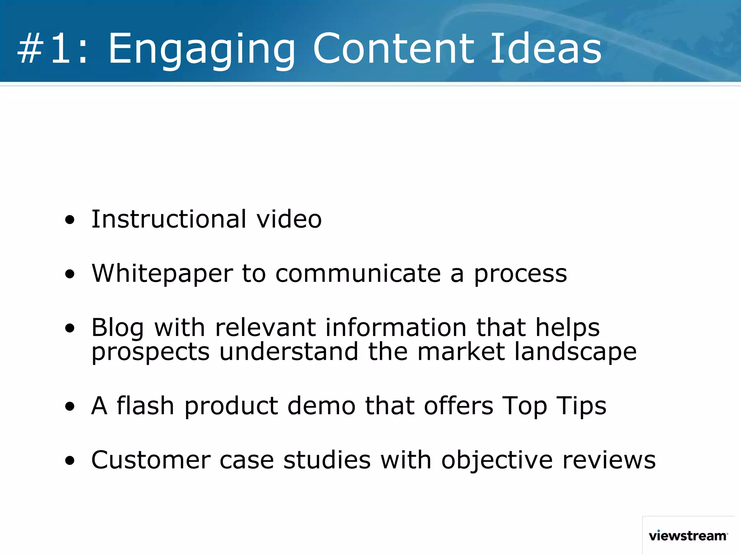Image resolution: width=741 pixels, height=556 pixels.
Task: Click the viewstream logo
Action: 688,536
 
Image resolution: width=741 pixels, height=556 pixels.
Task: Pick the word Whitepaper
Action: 162,274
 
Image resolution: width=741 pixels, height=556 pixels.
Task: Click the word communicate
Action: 358,273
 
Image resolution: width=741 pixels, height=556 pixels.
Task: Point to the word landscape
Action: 575,352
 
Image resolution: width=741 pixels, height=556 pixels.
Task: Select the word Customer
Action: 151,460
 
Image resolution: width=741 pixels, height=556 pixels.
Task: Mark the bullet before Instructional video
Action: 70,220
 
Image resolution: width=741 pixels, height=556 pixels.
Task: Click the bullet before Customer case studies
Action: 70,461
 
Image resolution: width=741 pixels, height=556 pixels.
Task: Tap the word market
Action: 461,351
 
